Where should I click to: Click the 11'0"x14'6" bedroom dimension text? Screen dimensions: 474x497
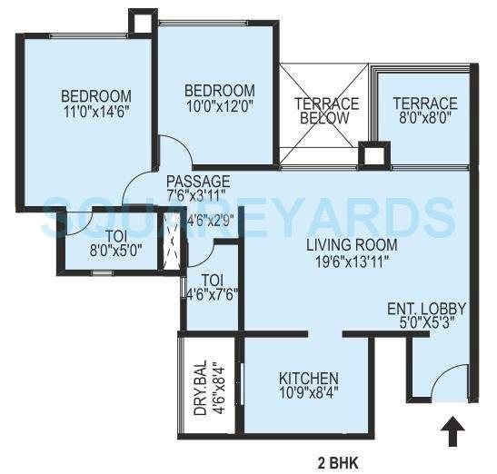click(x=96, y=114)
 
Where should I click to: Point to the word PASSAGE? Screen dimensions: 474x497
click(x=198, y=182)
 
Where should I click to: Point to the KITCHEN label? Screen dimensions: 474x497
click(x=308, y=378)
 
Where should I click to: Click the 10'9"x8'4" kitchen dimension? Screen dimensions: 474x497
click(x=308, y=394)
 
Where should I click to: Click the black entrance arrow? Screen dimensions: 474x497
click(x=451, y=432)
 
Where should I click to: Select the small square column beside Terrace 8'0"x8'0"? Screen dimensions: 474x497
click(x=373, y=154)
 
